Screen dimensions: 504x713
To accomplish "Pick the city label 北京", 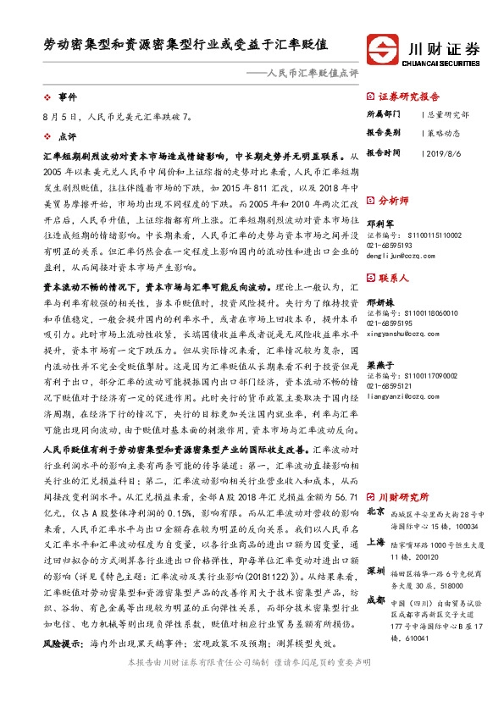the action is [376, 512].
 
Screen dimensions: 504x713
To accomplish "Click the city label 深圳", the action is [376, 572].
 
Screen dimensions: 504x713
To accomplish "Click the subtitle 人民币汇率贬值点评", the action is [313, 73].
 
